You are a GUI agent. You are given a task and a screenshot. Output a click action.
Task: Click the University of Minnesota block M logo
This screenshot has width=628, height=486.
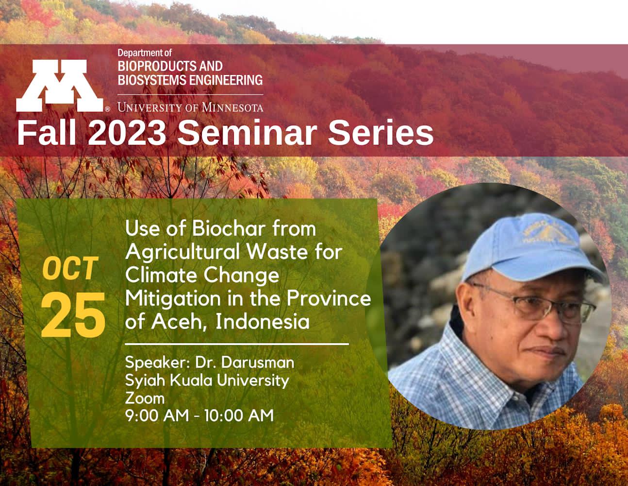60,86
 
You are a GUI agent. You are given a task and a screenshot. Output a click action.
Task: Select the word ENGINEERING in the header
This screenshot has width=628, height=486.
226,80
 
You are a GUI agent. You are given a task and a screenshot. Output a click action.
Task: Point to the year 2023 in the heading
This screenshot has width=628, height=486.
127,133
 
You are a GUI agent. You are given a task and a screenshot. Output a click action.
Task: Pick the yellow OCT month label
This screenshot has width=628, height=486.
70,268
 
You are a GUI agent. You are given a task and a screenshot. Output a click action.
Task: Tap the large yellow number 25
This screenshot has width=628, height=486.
73,315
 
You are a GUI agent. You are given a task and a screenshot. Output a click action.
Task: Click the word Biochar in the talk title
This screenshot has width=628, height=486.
229,229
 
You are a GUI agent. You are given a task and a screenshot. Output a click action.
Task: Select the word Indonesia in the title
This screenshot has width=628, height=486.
263,321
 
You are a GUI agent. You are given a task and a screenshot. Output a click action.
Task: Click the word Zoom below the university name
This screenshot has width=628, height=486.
145,398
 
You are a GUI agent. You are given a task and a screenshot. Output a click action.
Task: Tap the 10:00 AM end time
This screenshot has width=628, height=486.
239,416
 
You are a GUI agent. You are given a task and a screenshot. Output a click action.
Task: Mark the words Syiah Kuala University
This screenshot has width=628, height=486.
207,381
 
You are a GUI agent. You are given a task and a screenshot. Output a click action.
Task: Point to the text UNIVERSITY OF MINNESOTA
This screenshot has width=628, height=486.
190,107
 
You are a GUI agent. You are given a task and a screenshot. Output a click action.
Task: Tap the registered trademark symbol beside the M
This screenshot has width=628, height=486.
107,109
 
